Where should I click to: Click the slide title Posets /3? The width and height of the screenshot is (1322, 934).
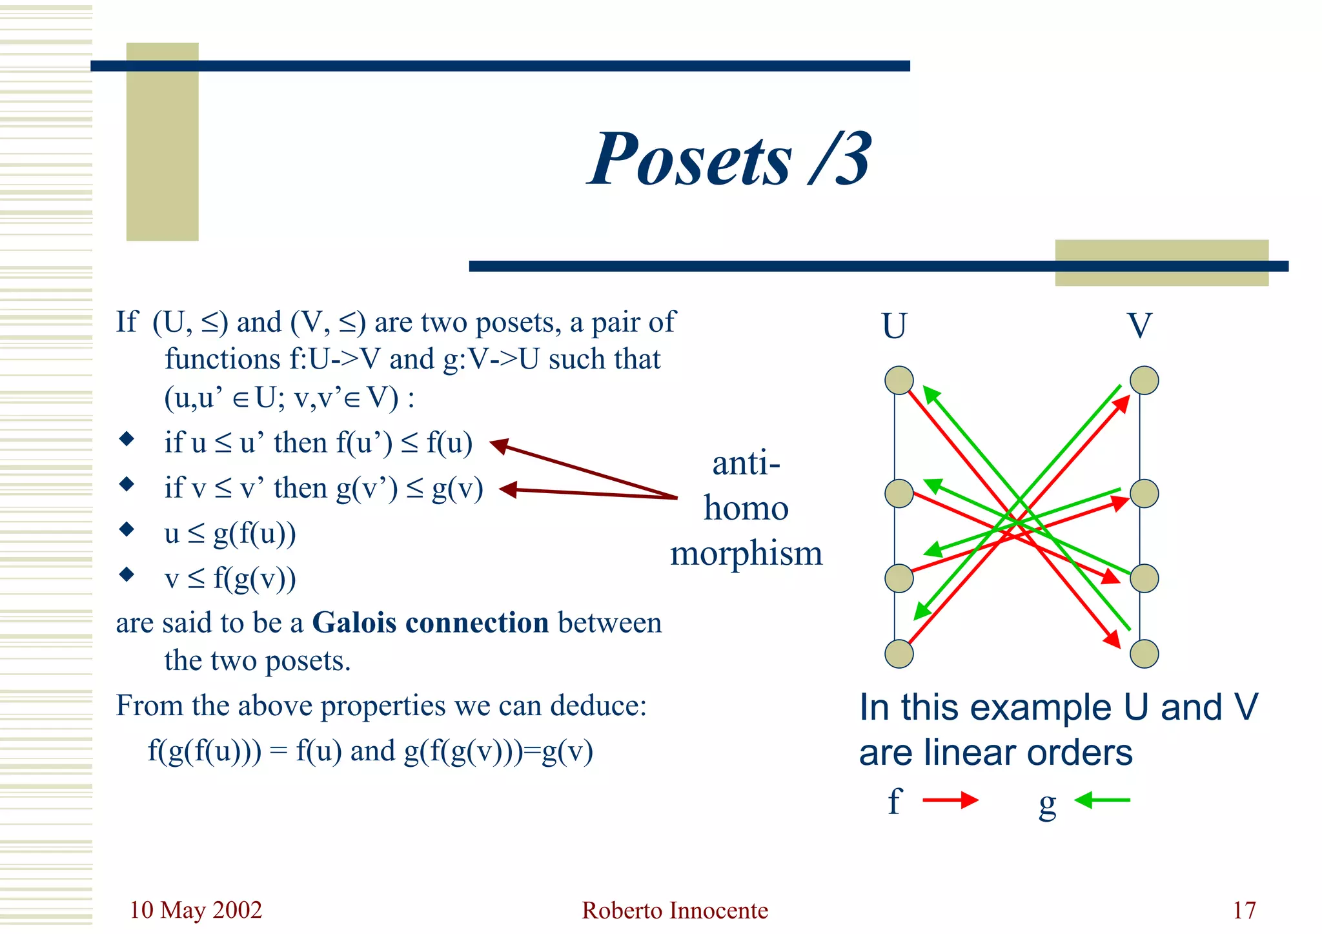[729, 159]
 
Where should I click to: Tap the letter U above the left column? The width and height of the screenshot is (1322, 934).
[894, 326]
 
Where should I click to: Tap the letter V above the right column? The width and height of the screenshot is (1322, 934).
[1139, 326]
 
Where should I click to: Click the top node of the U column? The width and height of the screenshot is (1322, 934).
[899, 380]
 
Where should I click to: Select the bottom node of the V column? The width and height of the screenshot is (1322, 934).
[1144, 654]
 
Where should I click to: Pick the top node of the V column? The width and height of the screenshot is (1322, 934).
[1144, 380]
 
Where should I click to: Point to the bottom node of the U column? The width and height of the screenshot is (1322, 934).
[899, 654]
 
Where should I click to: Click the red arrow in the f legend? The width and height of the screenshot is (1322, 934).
[950, 800]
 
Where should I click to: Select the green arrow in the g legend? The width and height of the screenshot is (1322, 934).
[1102, 800]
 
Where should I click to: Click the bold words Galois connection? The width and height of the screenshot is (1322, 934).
[431, 623]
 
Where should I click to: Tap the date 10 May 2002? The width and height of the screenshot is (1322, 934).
[196, 910]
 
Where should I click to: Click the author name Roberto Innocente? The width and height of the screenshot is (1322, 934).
[675, 910]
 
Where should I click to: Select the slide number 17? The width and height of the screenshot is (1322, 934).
[1244, 910]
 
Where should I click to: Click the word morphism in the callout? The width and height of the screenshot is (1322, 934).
[746, 554]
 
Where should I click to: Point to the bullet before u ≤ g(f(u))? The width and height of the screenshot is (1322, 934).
[127, 529]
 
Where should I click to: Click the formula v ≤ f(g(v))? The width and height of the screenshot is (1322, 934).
[230, 578]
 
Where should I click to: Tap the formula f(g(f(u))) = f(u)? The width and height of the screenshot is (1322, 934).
[245, 751]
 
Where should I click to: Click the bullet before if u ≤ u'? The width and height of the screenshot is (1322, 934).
[127, 440]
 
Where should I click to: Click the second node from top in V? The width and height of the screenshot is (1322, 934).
[1144, 494]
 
